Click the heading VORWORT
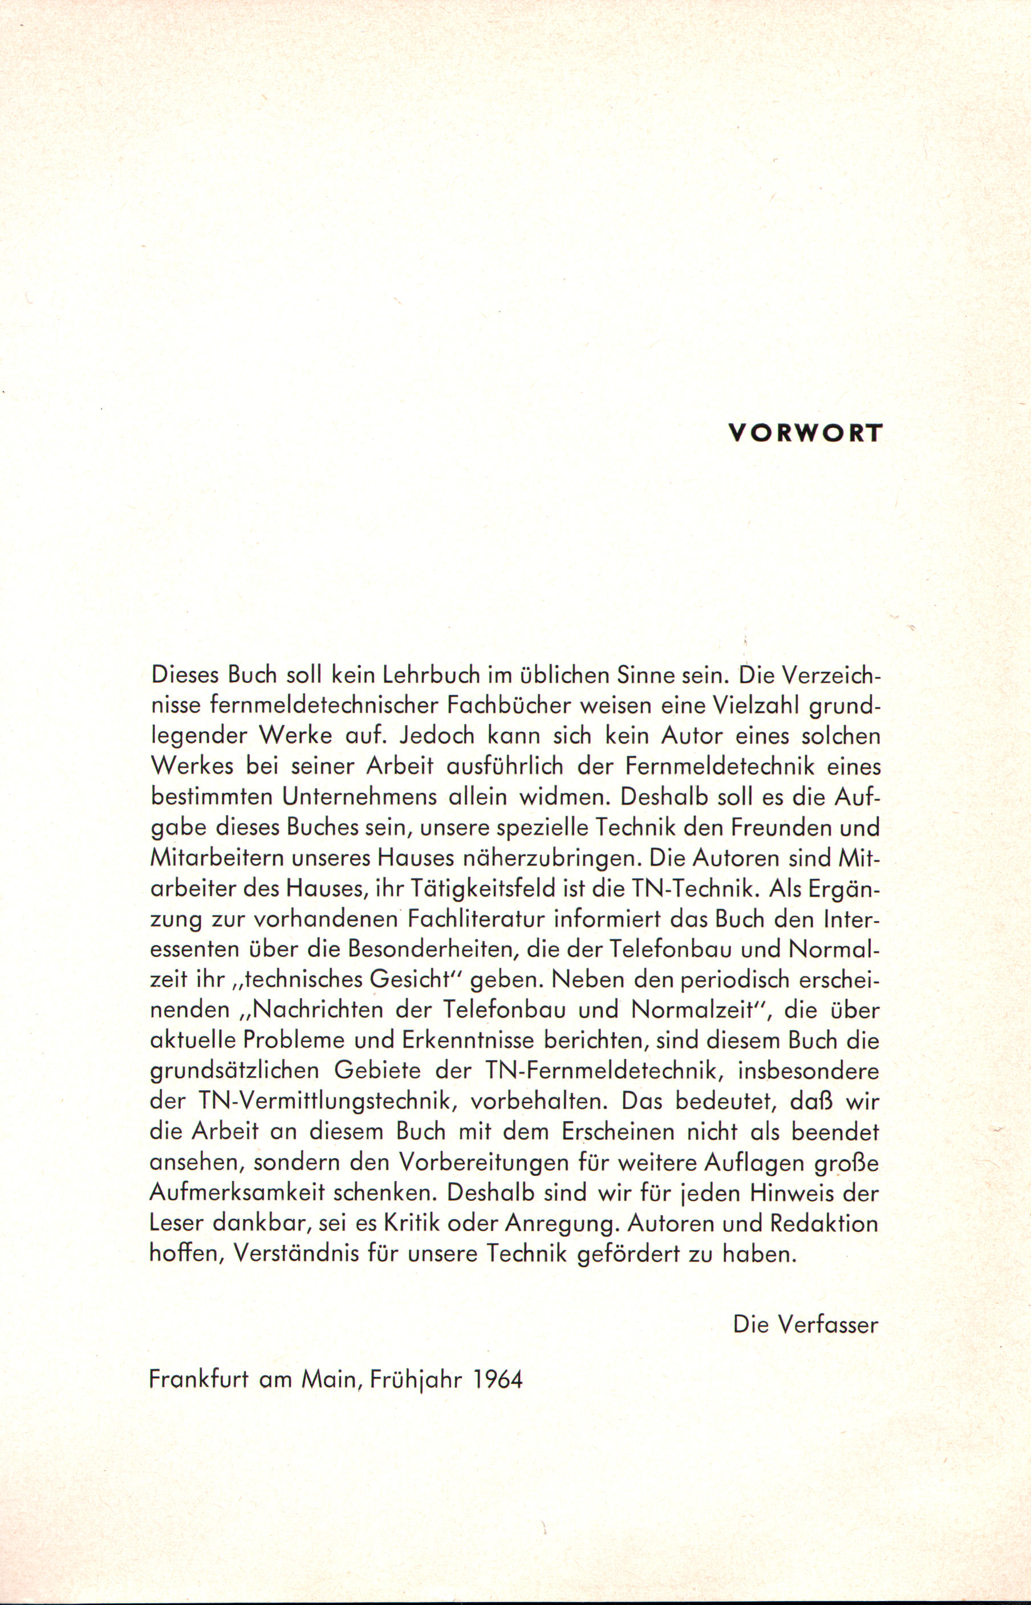pyautogui.click(x=805, y=433)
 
